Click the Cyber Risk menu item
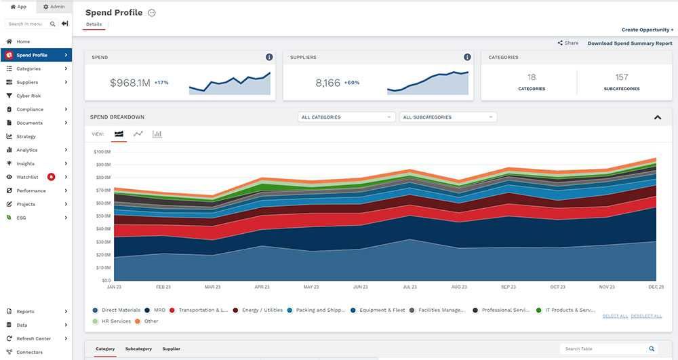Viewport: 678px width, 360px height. (x=28, y=96)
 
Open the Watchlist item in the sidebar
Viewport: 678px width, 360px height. (x=27, y=177)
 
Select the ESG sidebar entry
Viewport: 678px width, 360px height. (x=22, y=218)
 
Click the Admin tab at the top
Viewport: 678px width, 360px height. (x=54, y=7)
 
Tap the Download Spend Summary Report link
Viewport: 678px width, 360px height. (x=630, y=43)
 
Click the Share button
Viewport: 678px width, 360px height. (x=568, y=43)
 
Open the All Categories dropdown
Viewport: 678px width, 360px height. (x=346, y=117)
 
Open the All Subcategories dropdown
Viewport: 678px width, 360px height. (x=448, y=117)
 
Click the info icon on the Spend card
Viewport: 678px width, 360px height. (x=269, y=58)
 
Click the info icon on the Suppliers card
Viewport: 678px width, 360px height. (x=467, y=58)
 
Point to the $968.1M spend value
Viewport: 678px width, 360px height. (x=129, y=83)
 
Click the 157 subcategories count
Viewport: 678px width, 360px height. (x=622, y=77)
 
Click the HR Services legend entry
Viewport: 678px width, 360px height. (x=115, y=321)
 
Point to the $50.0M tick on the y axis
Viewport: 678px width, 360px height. (x=102, y=216)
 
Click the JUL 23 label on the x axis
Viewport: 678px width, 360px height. (x=410, y=287)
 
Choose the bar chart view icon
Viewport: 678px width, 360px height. (x=157, y=134)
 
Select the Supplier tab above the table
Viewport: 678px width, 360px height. (x=171, y=348)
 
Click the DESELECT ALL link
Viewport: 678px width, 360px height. (x=646, y=316)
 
